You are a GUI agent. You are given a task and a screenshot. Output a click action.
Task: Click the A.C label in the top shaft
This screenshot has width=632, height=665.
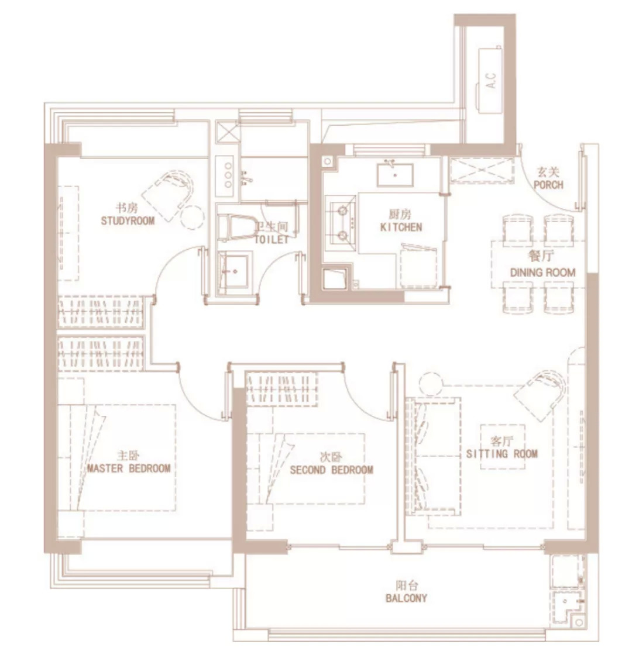coord(490,80)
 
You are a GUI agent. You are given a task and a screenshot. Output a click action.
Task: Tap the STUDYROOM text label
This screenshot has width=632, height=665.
coord(128,220)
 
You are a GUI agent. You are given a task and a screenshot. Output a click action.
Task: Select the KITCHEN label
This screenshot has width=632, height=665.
coord(401,228)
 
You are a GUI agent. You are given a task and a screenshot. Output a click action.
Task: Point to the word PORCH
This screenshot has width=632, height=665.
coord(548,185)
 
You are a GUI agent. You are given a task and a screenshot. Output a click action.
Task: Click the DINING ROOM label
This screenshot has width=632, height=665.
coord(543,273)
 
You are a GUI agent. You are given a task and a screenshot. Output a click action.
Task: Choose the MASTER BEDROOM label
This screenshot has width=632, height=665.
coord(129,468)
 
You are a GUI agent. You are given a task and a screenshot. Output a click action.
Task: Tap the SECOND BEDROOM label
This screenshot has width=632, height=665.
coord(331,470)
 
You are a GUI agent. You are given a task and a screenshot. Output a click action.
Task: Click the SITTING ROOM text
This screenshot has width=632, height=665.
coord(502,454)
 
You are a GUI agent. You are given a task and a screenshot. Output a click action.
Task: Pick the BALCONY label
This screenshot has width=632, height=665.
coord(406,598)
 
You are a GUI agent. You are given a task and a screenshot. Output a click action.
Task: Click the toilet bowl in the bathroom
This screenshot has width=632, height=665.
coord(236,226)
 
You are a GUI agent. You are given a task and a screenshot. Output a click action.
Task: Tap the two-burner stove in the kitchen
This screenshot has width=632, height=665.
coord(341,222)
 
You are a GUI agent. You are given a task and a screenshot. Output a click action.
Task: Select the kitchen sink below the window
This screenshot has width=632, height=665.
coord(395,174)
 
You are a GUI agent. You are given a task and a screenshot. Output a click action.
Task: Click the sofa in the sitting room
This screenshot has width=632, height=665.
coord(434,456)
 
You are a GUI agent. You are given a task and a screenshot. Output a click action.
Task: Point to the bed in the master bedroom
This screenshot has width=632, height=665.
coord(116,457)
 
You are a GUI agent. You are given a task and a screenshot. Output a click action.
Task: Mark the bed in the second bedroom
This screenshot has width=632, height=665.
coord(305,468)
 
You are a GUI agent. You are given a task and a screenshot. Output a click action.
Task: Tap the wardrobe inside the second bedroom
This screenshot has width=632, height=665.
coord(282,389)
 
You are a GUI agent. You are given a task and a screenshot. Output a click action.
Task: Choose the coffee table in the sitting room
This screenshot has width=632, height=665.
coord(503,447)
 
